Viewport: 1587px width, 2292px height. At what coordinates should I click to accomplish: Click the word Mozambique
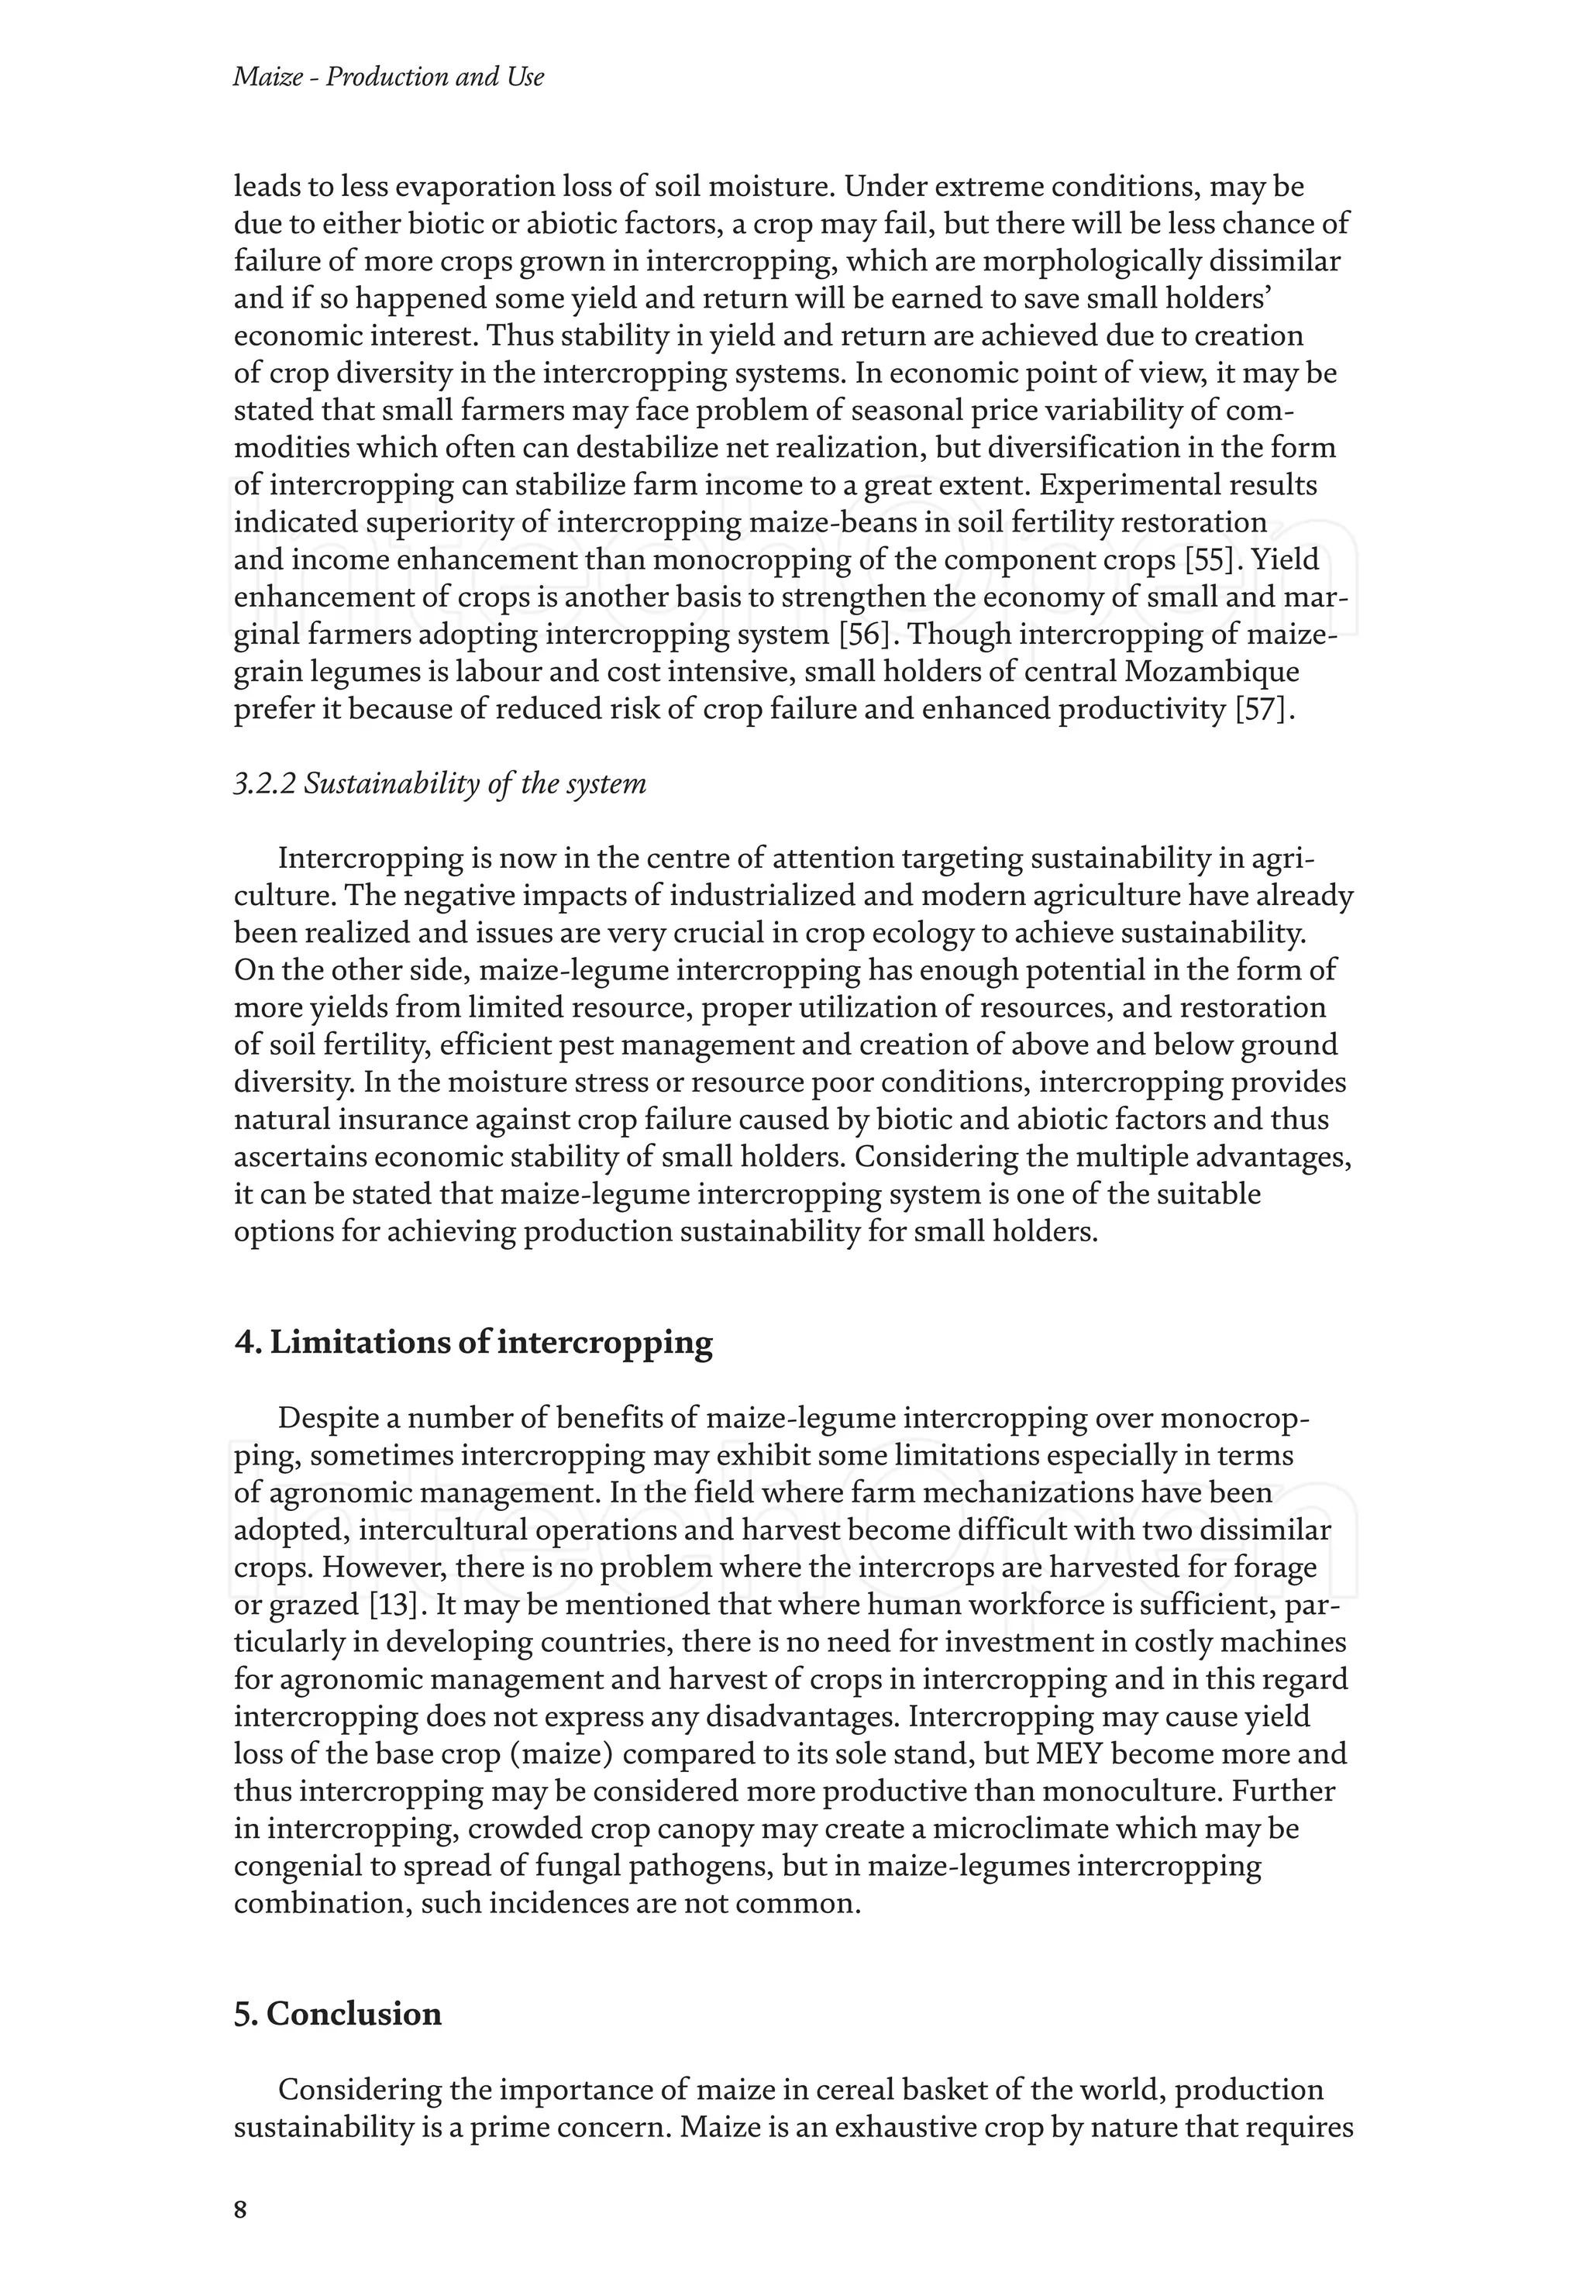click(1211, 673)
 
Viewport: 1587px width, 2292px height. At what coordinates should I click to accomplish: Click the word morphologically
click(1055, 262)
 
